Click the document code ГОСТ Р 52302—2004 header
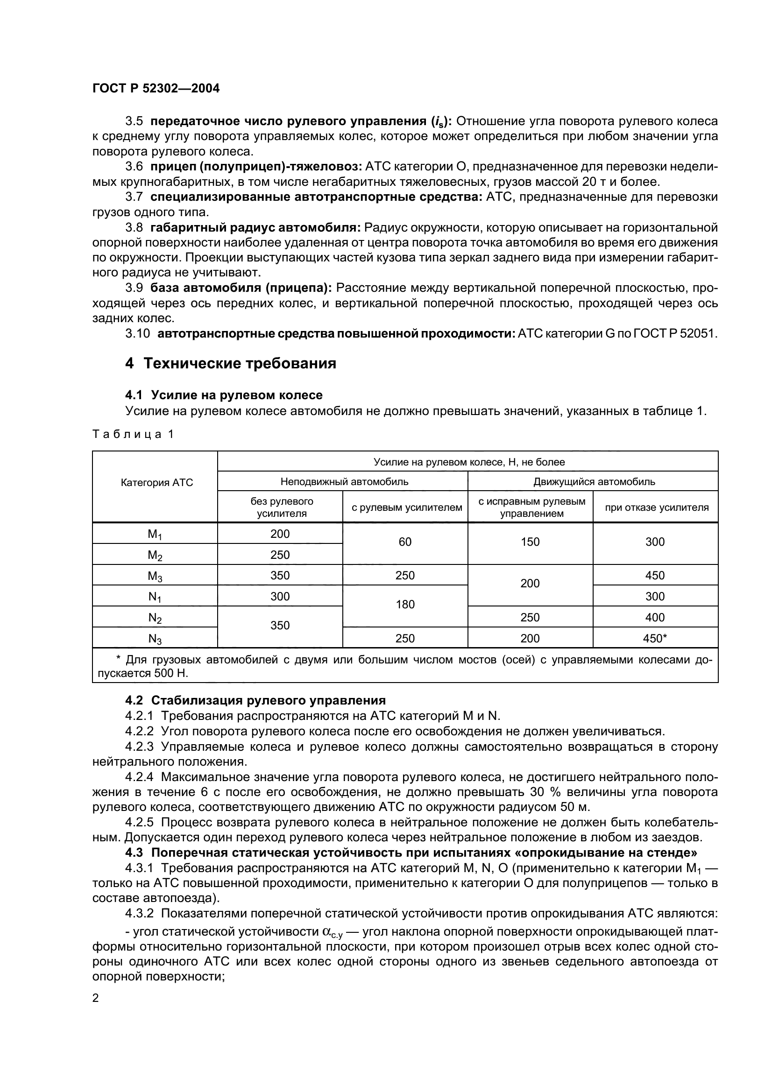156,88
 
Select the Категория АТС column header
157,483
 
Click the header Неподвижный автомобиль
344,481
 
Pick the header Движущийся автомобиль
594,481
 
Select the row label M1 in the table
155,534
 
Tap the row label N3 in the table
155,639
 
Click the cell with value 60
405,542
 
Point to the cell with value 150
530,542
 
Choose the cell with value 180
405,605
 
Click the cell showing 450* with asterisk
655,638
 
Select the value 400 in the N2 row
655,617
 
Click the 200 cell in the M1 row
280,534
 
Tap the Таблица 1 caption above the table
133,434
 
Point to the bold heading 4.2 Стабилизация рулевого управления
255,701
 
